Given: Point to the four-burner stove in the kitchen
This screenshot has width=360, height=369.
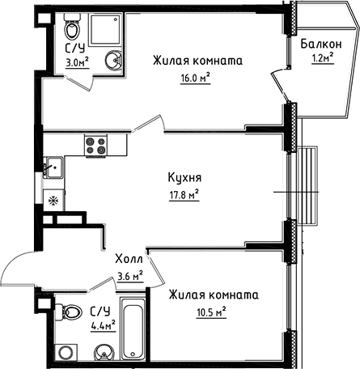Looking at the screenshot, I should (95, 146).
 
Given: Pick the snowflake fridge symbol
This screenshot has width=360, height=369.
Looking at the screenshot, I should (52, 200).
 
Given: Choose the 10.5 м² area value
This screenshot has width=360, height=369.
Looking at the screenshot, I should (209, 310).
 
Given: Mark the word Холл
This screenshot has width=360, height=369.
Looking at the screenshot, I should (129, 260).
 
